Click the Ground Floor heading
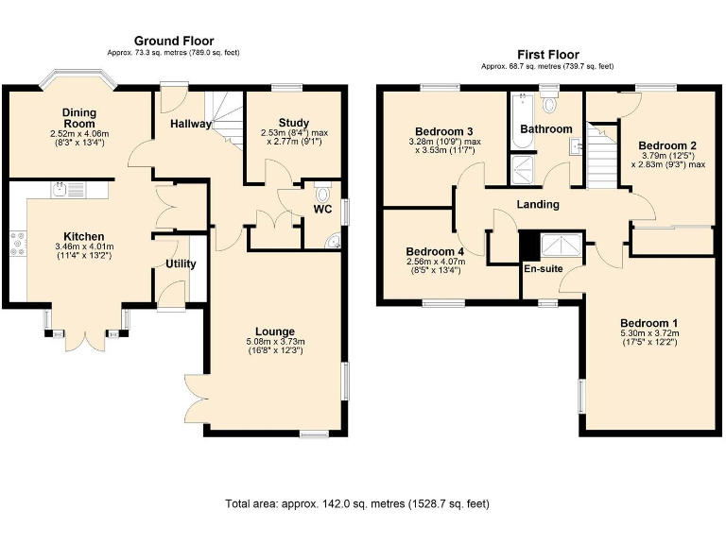pyautogui.click(x=173, y=41)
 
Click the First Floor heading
pyautogui.click(x=547, y=55)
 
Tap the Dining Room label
pyautogui.click(x=79, y=118)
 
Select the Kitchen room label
pyautogui.click(x=83, y=236)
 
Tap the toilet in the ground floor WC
pyautogui.click(x=324, y=195)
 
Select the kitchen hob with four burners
pyautogui.click(x=17, y=244)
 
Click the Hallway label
pyautogui.click(x=190, y=125)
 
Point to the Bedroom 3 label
pyautogui.click(x=443, y=130)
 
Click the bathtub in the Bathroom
pyautogui.click(x=520, y=123)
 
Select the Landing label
pyautogui.click(x=537, y=204)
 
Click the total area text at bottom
pyautogui.click(x=356, y=503)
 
